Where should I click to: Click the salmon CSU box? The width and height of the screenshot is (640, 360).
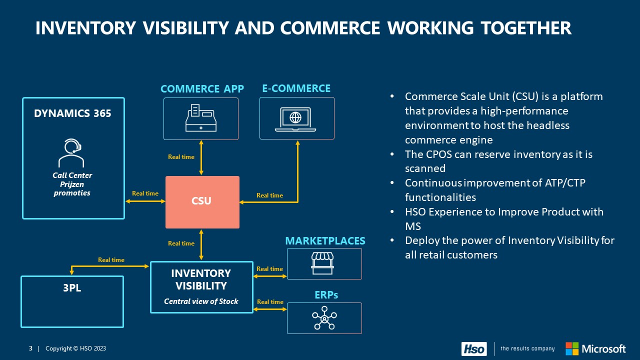coord(202,201)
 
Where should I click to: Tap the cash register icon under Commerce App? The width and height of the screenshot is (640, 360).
coord(201,118)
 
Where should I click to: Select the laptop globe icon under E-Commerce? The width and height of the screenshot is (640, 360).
coord(296,119)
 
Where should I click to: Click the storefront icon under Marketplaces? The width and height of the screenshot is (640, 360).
coord(322,263)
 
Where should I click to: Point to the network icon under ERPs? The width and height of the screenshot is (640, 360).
coord(324,318)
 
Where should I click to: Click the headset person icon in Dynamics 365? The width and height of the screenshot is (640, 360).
coord(71,153)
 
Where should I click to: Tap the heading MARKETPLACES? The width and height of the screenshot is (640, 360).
coord(325,241)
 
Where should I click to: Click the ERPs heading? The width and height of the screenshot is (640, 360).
coord(326,295)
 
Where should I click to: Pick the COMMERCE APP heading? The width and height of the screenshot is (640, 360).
coord(202,89)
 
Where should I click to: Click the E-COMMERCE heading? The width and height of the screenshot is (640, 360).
coord(296,88)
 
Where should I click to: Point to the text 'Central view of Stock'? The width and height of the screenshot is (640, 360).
coord(201,301)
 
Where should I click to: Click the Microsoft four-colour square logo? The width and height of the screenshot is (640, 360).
coord(572,348)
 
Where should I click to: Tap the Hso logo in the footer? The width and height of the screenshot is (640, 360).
coord(473,348)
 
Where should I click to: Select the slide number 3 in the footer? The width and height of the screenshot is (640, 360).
coord(30,348)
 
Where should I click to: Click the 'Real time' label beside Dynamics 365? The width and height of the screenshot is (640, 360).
coord(145,193)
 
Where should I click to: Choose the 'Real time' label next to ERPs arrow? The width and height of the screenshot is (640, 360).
coord(270,302)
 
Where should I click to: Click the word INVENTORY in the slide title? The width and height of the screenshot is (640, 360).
coord(85,28)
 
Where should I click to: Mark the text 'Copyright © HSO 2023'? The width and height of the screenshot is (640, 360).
coord(75,348)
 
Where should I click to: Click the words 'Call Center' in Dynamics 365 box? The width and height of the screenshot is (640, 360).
coord(72,175)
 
